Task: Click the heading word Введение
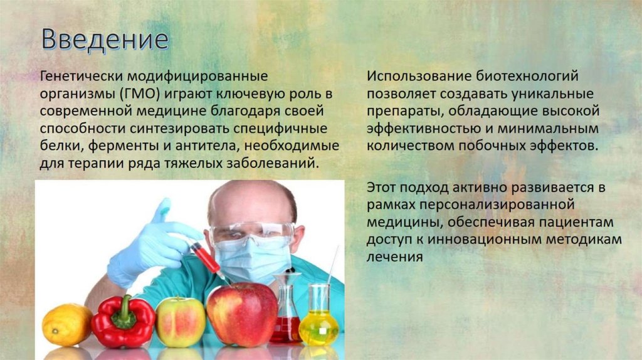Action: (105, 39)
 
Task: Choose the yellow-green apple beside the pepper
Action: (180, 322)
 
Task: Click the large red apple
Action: (241, 314)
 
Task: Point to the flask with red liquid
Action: (286, 320)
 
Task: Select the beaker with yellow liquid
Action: (319, 320)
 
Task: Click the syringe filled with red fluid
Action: (204, 255)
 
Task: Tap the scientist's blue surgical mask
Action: (251, 258)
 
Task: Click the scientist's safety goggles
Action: (251, 233)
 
